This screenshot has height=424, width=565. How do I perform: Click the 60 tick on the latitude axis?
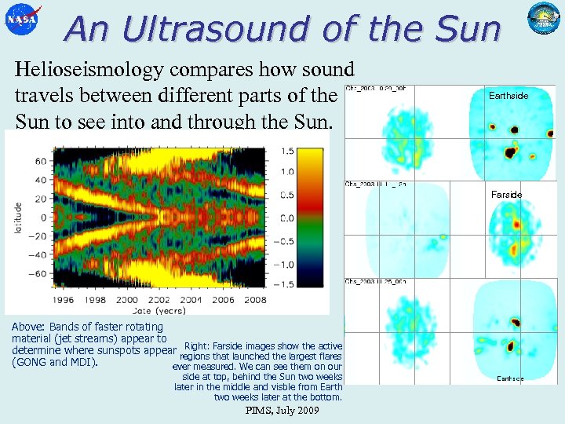pyautogui.click(x=39, y=160)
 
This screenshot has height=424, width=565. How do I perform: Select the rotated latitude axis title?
pyautogui.click(x=17, y=217)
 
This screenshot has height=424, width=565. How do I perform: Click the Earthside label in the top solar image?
pyautogui.click(x=508, y=96)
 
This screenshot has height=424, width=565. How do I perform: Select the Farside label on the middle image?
pyautogui.click(x=506, y=194)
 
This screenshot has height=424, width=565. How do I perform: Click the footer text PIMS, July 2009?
pyautogui.click(x=282, y=411)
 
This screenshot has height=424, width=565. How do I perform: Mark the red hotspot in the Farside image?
pyautogui.click(x=516, y=225)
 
